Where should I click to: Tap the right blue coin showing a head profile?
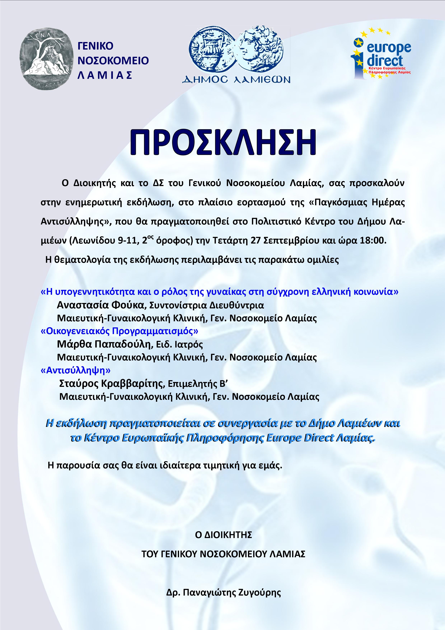261,49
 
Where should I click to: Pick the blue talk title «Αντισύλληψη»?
75,370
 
